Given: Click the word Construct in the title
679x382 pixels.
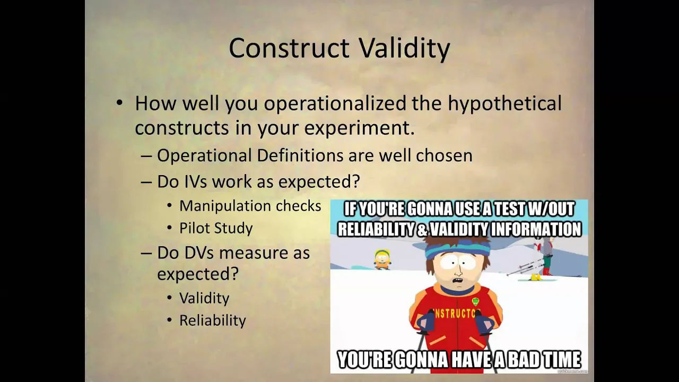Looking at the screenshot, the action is (289, 48).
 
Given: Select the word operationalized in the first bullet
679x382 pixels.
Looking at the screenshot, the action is (335, 103).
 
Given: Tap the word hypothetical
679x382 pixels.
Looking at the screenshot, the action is (504, 103).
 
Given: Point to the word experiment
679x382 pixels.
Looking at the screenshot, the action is (359, 128).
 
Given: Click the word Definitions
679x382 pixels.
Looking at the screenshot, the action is (300, 155).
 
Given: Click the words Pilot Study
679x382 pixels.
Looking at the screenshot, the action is (216, 229).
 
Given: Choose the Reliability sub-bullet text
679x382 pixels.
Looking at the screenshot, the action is (213, 321).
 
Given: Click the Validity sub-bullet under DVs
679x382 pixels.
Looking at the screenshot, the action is (204, 298).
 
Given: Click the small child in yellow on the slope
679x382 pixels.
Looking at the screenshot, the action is (382, 259).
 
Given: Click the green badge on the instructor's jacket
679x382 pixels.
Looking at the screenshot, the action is (475, 302).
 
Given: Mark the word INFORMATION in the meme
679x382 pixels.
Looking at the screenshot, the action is (536, 229).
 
